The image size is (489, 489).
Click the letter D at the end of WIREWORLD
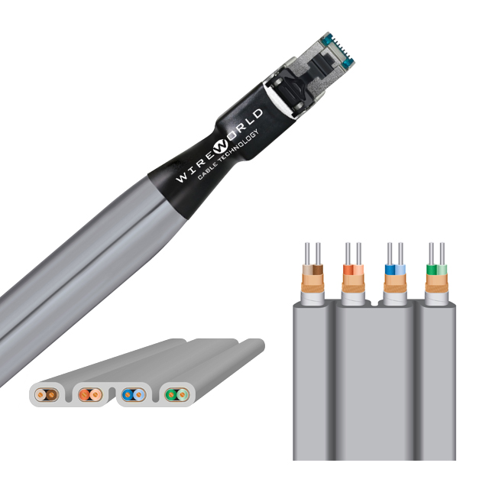(257, 115)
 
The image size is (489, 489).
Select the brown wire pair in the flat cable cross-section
(47, 396)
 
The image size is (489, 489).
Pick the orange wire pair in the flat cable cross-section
(90, 395)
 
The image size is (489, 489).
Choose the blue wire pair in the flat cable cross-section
(134, 395)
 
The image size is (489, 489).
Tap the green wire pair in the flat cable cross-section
(176, 395)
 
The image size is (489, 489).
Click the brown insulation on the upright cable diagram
(313, 270)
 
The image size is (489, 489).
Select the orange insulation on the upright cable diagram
(353, 270)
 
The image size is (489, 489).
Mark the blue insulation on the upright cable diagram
(395, 270)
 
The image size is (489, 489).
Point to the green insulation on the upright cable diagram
(436, 270)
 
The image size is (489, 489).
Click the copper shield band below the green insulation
(436, 283)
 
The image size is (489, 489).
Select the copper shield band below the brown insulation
(313, 283)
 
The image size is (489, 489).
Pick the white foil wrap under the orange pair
(353, 299)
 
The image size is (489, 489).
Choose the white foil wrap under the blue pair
(395, 299)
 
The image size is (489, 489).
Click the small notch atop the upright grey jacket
(374, 303)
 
